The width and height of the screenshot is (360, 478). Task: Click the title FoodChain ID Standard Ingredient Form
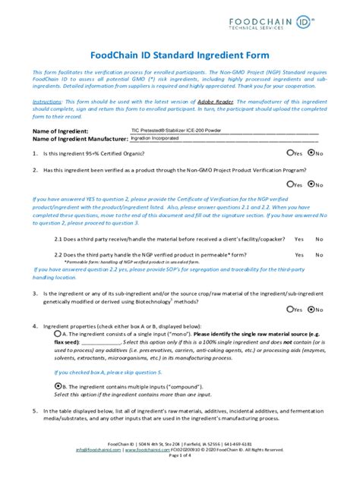coord(179,55)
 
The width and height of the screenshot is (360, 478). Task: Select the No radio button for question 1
coord(311,153)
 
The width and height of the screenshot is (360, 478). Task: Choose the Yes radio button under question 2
coord(289,184)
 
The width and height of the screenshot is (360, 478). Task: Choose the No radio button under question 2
coord(311,184)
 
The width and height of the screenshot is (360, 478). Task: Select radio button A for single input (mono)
coord(58,333)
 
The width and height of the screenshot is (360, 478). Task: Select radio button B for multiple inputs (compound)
coord(58,385)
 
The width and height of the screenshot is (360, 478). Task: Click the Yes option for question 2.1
coord(299,238)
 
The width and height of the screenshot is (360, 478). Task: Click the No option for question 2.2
coord(319,255)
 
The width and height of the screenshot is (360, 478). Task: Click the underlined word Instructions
coord(47,100)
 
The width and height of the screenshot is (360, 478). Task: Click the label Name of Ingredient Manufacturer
coord(79,139)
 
